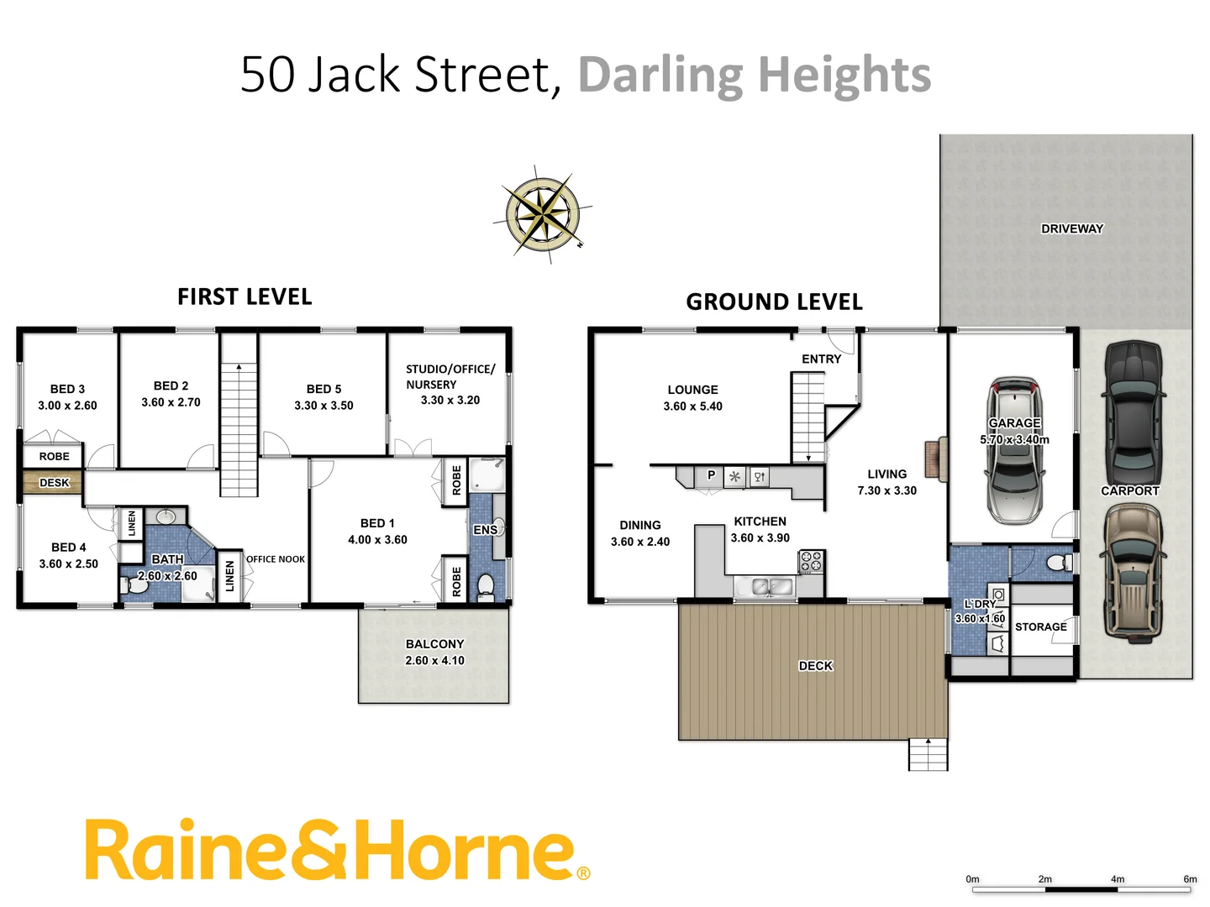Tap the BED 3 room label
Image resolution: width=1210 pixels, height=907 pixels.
67,389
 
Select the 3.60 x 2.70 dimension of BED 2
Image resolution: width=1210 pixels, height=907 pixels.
171,402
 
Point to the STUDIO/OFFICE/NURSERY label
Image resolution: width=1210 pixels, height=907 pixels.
450,376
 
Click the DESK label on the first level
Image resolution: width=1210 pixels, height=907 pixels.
54,483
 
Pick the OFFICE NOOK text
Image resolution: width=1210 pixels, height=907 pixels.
276,559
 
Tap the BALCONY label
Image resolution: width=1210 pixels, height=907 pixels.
434,644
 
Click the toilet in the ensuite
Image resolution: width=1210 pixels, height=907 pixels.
486,585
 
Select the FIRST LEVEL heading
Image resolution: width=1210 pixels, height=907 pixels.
245,297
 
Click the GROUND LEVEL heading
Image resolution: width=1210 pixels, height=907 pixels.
774,302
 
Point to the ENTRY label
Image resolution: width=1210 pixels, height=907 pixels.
821,359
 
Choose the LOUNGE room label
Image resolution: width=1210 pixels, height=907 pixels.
692,390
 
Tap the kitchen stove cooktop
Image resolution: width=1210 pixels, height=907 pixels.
811,562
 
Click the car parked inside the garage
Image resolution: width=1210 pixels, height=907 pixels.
1014,453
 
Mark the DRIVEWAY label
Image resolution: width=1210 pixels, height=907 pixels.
1071,228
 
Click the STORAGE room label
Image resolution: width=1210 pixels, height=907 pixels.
1040,627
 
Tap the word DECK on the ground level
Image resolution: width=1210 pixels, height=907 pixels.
815,666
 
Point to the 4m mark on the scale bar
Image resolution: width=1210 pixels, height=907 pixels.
1118,879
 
